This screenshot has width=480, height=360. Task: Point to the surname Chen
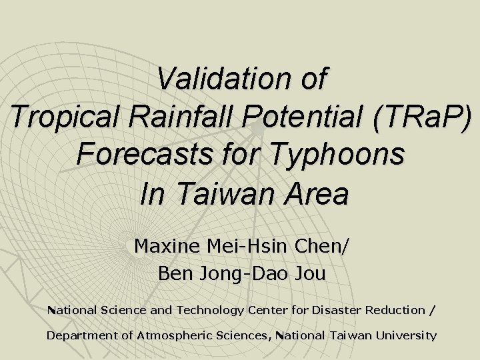tap(321, 246)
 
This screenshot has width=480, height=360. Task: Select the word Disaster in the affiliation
tap(327, 310)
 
